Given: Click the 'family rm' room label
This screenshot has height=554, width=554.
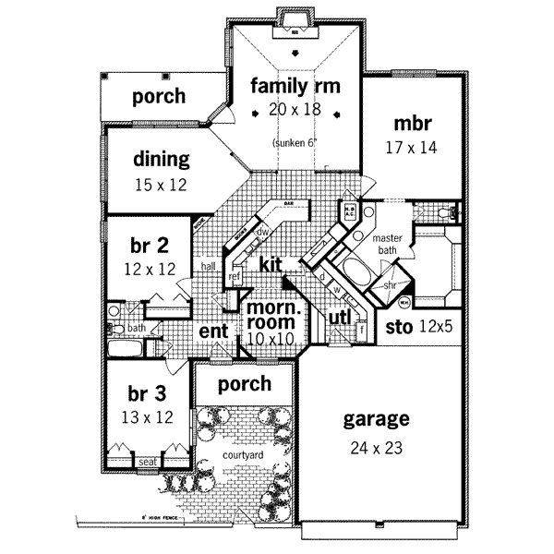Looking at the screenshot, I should pos(295,87).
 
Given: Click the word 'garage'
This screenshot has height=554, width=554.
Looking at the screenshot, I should pos(376,420).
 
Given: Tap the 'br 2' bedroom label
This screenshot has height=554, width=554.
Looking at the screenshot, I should pos(149,246).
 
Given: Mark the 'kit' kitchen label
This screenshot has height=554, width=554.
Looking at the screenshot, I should pos(270,265).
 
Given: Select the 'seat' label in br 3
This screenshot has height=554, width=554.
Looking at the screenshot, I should pos(146,462).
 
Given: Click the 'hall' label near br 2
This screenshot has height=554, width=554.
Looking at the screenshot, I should pos(209,266).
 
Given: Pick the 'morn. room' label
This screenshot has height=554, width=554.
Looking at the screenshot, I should pos(270,315).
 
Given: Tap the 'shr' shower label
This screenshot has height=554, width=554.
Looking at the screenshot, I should pos(391,285).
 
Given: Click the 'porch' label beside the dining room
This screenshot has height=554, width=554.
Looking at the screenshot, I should pos(158,96).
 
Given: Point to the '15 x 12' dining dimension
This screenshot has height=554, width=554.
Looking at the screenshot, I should pos(160,185).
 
